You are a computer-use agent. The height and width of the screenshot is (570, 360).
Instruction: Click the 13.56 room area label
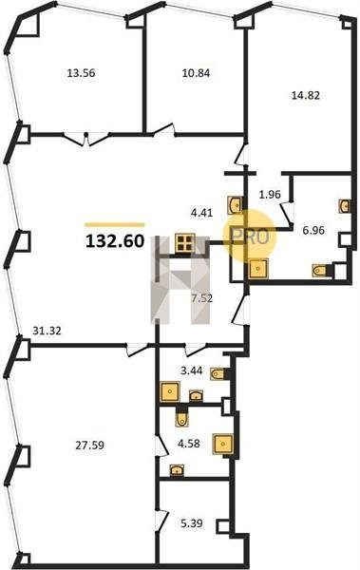tap(81, 73)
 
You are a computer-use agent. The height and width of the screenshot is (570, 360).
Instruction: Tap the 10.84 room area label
tap(196, 73)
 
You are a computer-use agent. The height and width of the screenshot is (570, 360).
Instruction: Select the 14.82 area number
tap(306, 95)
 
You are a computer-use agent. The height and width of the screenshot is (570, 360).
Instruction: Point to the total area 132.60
tap(115, 241)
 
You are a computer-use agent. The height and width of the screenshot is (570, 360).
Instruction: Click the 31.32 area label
tap(47, 331)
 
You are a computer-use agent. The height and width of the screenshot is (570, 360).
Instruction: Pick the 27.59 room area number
tap(90, 445)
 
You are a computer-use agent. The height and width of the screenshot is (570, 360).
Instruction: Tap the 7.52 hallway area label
tap(202, 299)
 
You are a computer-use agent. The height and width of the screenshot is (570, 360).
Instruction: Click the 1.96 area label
tap(270, 195)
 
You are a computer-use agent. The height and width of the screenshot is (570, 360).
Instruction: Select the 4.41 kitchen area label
tap(201, 213)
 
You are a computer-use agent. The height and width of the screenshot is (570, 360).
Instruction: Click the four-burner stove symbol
tap(185, 243)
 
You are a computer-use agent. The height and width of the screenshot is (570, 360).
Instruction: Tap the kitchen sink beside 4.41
tap(236, 204)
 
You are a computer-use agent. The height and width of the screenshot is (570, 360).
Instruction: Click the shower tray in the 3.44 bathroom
tap(170, 391)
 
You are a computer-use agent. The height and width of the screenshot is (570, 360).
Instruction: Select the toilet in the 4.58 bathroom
tap(181, 417)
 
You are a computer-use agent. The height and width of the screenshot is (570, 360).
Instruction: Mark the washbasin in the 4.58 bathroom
tap(177, 470)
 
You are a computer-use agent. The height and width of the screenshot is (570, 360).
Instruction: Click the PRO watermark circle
tap(250, 236)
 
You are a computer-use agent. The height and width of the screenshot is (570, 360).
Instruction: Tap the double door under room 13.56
tap(86, 139)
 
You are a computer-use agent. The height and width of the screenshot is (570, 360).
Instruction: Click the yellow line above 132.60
tap(115, 224)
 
